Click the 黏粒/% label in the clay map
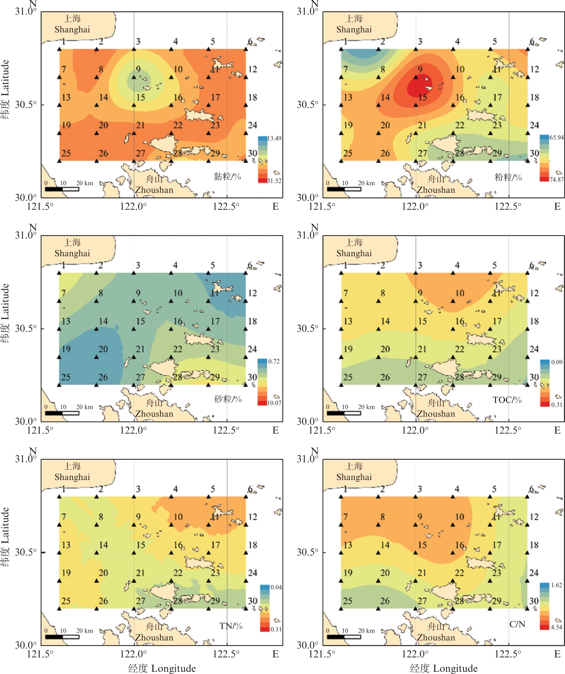(227, 176)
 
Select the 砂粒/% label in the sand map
(228, 399)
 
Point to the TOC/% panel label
(507, 400)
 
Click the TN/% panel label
(231, 626)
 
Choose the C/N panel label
(517, 624)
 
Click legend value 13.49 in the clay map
(274, 138)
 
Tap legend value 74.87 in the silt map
(557, 179)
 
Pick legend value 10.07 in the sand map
(274, 403)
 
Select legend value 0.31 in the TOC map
(557, 405)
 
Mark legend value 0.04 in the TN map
(276, 587)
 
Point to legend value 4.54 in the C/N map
(557, 627)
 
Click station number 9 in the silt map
(420, 69)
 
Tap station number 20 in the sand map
(103, 349)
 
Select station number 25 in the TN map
(66, 601)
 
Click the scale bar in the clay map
(62, 189)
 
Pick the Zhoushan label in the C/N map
(436, 637)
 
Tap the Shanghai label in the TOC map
(354, 253)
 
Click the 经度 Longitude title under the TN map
(162, 668)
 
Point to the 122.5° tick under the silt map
(508, 206)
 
